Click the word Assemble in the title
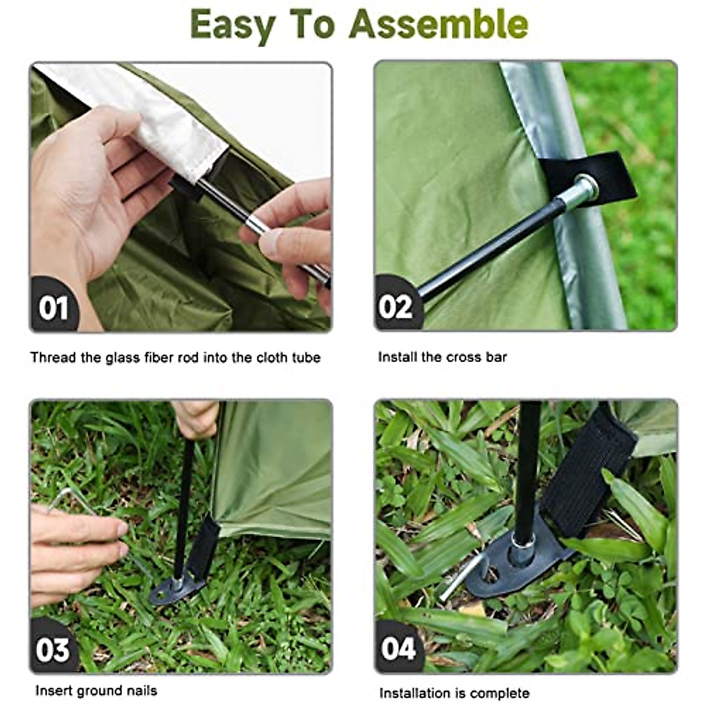438,25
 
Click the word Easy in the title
233,25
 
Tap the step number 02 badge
395,307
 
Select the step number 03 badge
53,650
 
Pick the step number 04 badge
398,649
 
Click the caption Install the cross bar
442,357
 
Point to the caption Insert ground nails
96,690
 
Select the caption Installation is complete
454,693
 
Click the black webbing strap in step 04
588,465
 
